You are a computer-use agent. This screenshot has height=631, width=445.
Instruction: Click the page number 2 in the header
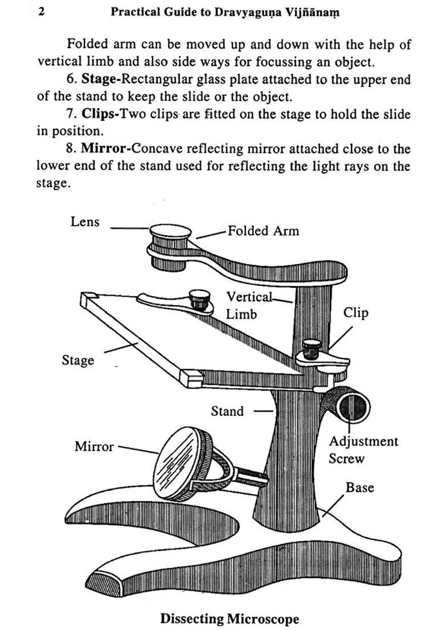pos(42,11)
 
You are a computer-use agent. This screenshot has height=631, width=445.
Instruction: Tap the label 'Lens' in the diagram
pos(85,222)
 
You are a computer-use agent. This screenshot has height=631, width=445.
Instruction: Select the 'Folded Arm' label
pos(263,231)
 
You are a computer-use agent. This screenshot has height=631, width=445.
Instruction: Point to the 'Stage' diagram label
pos(78,360)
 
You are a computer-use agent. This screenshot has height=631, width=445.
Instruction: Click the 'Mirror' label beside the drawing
pos(94,447)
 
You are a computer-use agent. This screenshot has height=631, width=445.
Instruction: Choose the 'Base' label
pos(360,488)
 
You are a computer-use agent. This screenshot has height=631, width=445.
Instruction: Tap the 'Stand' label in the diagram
pos(227,411)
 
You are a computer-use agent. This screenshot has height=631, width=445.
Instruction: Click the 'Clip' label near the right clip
pos(355,313)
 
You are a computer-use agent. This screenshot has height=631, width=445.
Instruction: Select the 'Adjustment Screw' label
pos(363,450)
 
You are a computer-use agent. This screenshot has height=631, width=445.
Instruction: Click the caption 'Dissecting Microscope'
pos(229,618)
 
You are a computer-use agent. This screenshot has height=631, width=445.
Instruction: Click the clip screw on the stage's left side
pos(199,300)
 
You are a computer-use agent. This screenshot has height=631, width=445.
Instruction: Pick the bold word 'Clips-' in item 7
pos(100,114)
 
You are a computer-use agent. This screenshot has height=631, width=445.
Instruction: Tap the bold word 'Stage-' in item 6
pos(101,80)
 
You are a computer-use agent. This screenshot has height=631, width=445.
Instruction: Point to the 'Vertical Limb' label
pos(249,306)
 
